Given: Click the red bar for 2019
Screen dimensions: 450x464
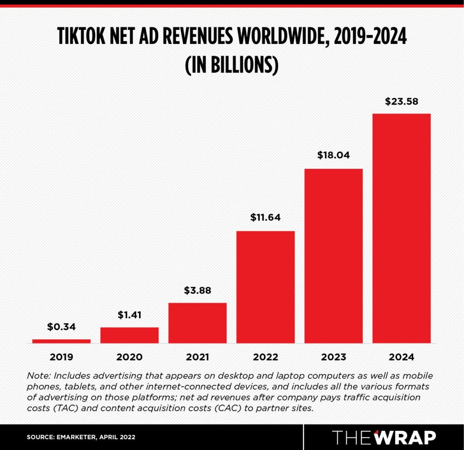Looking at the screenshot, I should coord(61,341).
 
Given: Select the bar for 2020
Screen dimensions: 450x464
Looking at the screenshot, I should coord(129,335).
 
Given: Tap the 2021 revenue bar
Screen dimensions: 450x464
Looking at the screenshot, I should coord(197,323).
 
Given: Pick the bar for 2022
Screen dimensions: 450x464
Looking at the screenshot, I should coord(266,287).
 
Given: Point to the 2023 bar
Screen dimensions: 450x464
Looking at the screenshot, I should coord(333,256).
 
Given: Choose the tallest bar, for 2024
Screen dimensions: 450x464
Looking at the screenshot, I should coord(401,228).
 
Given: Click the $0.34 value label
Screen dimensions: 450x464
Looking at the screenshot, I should coord(61,326).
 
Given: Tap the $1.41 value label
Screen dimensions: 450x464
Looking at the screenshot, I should coord(129,314).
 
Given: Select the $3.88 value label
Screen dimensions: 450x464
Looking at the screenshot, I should coord(197,290).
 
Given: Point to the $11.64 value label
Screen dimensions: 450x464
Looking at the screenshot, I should coord(266,217).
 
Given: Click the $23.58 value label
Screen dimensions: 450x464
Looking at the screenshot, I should coord(401,101).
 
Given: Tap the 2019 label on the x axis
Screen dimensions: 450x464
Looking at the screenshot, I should coord(61,357).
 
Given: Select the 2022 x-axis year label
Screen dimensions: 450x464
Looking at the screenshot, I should coord(266,357).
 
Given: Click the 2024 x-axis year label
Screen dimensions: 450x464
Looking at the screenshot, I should coord(401,357).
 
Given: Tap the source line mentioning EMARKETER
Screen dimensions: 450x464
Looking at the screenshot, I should coord(81,437).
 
